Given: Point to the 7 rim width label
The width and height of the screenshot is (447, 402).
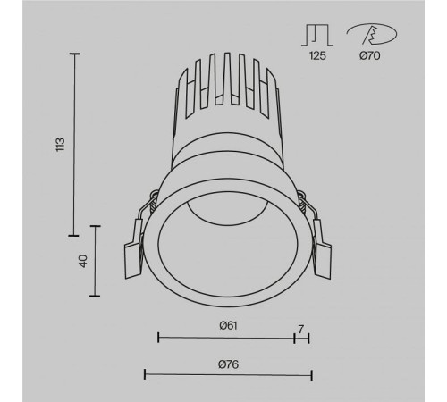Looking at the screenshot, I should coord(302,328).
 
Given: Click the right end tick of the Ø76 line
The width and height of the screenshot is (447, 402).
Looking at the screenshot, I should coord(309,373).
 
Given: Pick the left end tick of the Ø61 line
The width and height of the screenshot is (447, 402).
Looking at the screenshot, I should coord(158,338).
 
